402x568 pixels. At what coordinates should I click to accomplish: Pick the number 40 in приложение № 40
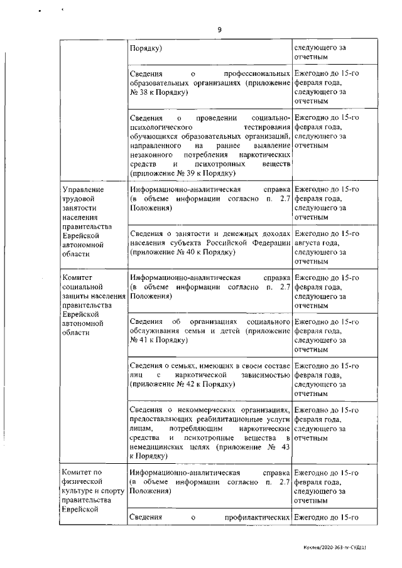coord(191,252)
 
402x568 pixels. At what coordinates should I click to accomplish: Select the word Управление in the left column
coord(81,189)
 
